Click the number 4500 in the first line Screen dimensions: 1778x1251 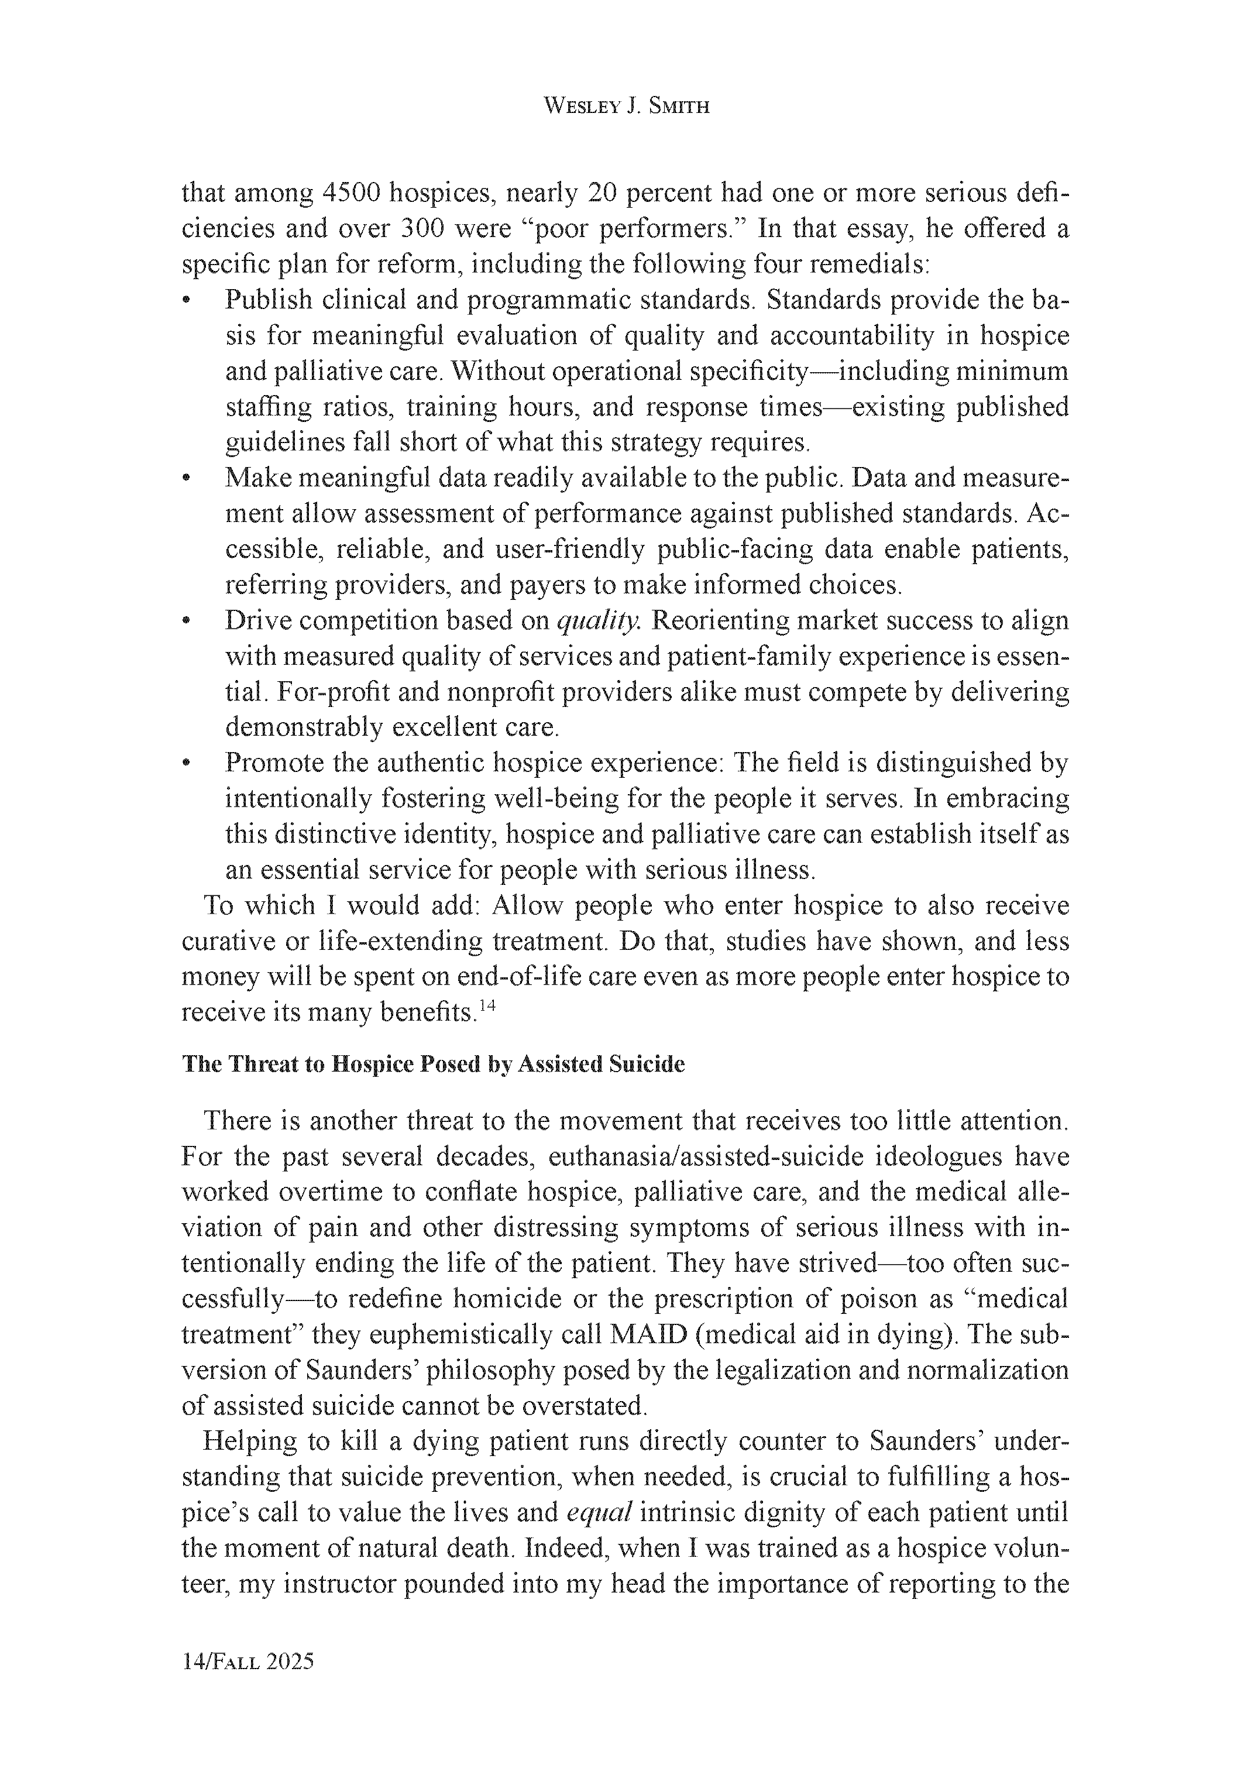click(350, 193)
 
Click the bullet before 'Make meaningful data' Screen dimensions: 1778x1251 click(186, 479)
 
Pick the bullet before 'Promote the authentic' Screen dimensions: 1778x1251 click(186, 764)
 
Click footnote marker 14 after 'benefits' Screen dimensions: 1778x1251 click(486, 1007)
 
